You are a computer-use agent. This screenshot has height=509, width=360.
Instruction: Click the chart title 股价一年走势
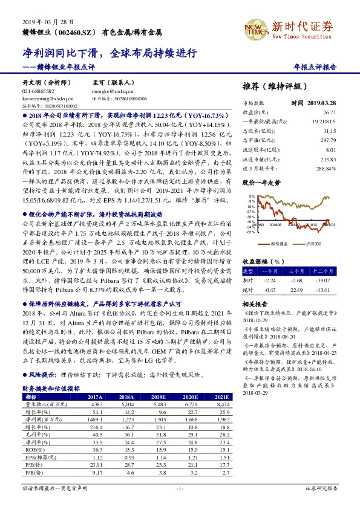[261, 181]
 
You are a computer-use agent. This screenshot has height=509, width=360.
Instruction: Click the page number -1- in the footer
[180, 488]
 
